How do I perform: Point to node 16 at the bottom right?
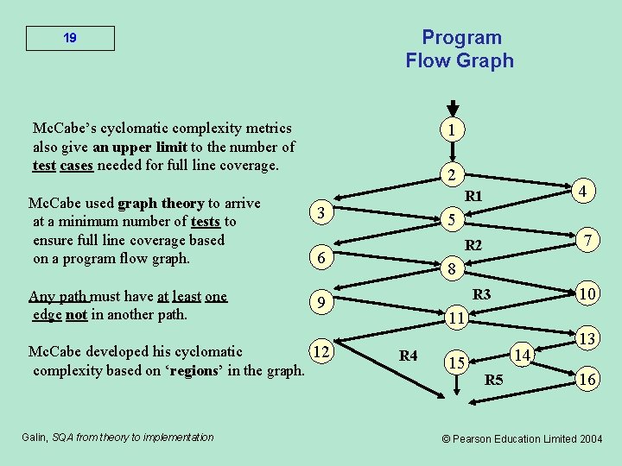(x=587, y=378)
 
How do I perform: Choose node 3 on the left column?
(x=321, y=212)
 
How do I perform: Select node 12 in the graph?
(x=321, y=352)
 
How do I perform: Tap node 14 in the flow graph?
(x=521, y=354)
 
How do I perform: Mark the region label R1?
(x=473, y=197)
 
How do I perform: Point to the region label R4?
(x=409, y=356)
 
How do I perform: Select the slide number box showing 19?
(x=70, y=39)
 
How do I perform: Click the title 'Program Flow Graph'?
(x=460, y=49)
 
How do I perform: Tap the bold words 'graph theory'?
(x=160, y=204)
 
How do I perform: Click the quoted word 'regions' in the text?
(x=219, y=371)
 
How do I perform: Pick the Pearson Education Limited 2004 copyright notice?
(x=522, y=438)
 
